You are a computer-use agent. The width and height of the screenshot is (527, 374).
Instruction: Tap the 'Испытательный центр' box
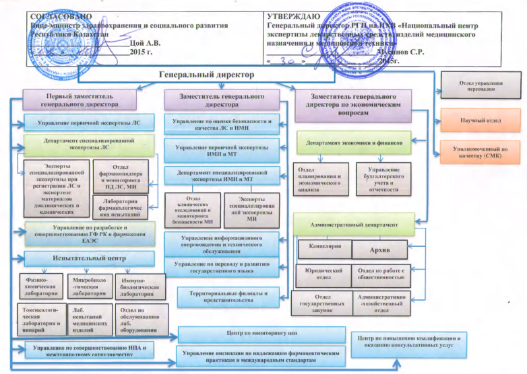tap(83, 258)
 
